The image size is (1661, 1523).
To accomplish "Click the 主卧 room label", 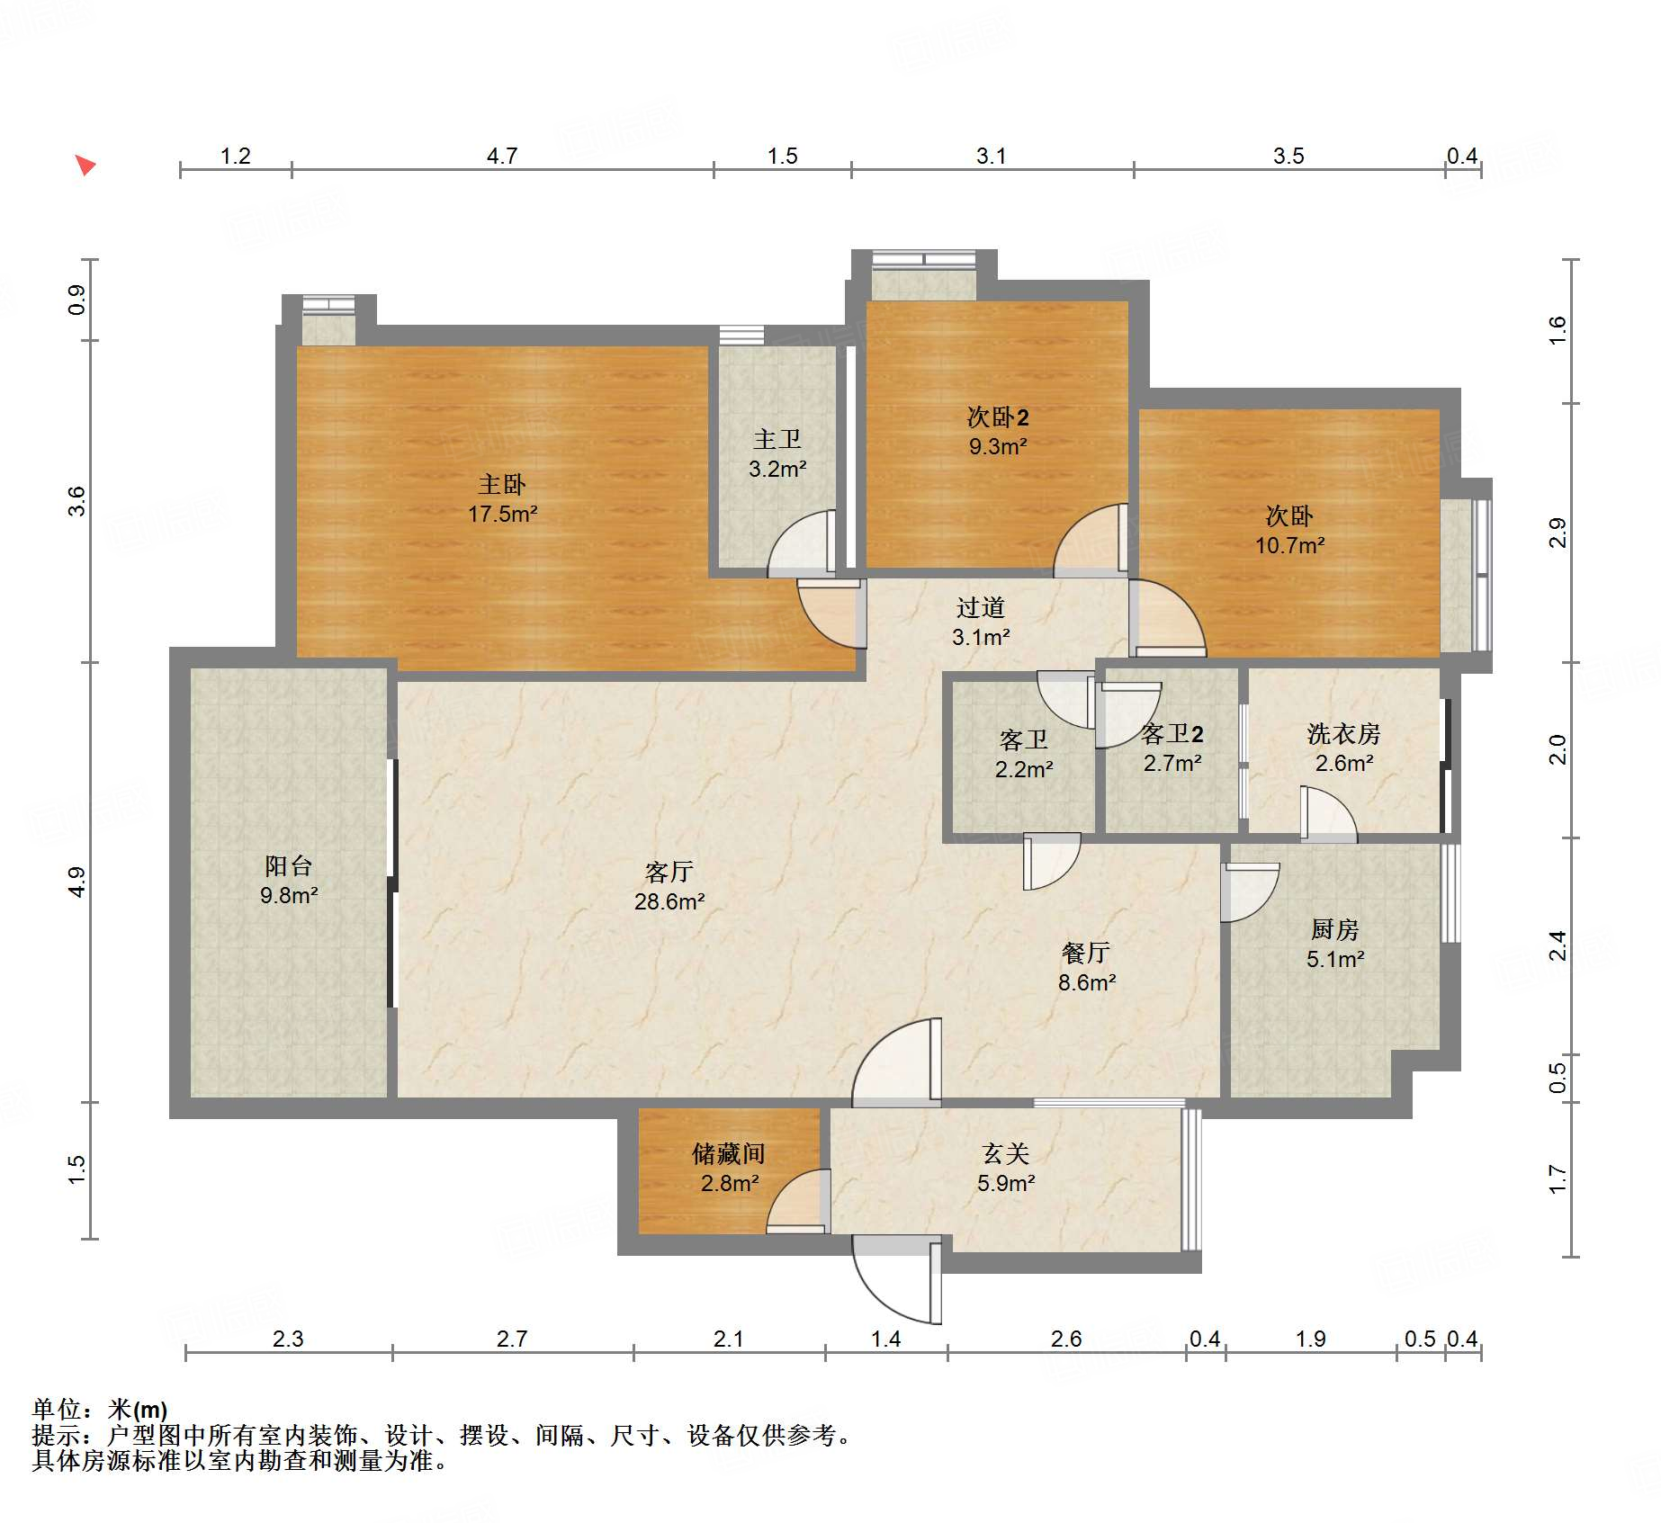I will coord(501,485).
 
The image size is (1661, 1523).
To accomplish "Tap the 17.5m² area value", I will coord(502,515).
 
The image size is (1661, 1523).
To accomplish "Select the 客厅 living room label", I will coord(669,872).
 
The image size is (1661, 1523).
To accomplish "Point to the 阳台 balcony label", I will coord(288,866).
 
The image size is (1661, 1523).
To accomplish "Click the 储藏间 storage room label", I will coord(728,1153).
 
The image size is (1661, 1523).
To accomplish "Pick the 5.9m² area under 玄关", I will coord(1005,1184).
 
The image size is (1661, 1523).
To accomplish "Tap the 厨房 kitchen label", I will coord(1334,929).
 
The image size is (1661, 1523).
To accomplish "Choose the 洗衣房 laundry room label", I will coord(1343,734).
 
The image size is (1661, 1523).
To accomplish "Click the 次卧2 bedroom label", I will coord(997,417).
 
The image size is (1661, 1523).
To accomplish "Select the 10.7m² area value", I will coord(1289,545).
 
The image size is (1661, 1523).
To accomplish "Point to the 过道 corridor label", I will coord(980,608).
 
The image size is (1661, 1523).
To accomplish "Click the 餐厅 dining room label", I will coord(1086,953).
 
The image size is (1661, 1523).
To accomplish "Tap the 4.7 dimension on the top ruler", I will coord(501,156).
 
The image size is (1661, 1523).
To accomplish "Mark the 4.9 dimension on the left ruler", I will coord(77,882).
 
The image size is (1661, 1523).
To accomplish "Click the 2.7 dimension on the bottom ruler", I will coord(512,1339).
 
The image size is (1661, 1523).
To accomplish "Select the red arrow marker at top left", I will coord(85,165).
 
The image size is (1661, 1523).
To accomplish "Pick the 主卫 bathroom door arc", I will coord(800,544).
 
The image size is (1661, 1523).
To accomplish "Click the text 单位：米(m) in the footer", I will coord(100,1409).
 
